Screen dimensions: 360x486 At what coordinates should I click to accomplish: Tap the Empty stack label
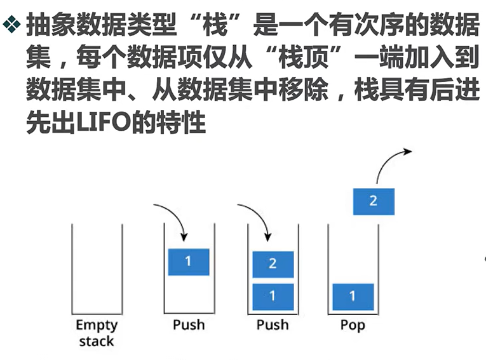click(x=97, y=333)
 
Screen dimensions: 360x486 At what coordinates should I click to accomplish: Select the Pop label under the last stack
click(x=353, y=324)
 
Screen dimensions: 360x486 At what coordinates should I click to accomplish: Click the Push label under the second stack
click(x=189, y=324)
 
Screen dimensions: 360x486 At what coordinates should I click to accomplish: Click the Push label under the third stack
click(x=273, y=324)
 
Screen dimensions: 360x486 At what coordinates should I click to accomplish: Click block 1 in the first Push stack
click(x=188, y=262)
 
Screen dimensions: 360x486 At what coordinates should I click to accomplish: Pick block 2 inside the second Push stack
click(x=273, y=263)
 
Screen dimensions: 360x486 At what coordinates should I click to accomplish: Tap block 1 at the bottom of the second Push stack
click(x=273, y=296)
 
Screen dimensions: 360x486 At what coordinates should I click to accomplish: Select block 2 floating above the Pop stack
click(x=373, y=201)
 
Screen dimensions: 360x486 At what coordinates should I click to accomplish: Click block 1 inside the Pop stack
click(x=353, y=296)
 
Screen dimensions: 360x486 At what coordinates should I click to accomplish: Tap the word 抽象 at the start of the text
click(x=51, y=25)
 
